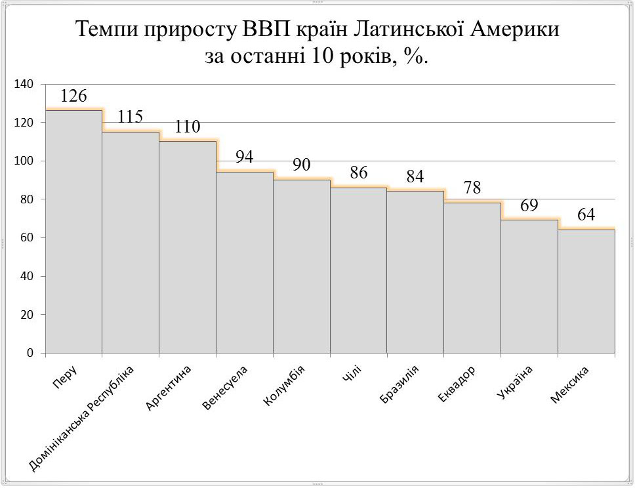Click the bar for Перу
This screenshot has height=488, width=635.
[x=73, y=232]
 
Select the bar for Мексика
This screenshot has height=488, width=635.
[x=586, y=291]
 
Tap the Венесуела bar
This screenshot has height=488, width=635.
[x=245, y=262]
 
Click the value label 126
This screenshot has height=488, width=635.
[x=73, y=96]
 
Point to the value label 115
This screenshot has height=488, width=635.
[x=131, y=117]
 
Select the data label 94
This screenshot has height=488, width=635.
[x=245, y=157]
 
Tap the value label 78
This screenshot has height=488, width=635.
[x=472, y=188]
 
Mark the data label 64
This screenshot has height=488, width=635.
[x=586, y=215]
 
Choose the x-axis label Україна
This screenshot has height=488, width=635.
[x=515, y=382]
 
